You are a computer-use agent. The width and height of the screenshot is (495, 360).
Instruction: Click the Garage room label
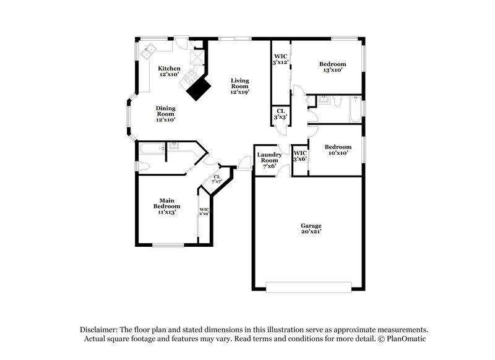(311, 228)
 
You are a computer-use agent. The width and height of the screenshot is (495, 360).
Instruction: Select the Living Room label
(240, 87)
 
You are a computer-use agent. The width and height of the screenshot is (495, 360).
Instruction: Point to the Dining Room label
(165, 114)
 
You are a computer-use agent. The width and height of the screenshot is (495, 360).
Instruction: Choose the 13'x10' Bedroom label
(332, 67)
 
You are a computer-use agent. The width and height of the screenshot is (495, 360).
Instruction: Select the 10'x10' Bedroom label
(338, 150)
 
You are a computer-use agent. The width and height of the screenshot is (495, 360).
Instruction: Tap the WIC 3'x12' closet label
(282, 59)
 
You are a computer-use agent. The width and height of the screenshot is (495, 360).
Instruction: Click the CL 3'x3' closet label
(280, 114)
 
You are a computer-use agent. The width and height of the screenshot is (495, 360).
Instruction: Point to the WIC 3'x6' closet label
(300, 156)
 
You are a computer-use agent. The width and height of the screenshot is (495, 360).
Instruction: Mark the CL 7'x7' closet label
(217, 179)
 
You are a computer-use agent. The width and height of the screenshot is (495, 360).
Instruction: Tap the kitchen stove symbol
(189, 77)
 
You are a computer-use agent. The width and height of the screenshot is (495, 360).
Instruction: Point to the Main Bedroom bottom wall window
(168, 246)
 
